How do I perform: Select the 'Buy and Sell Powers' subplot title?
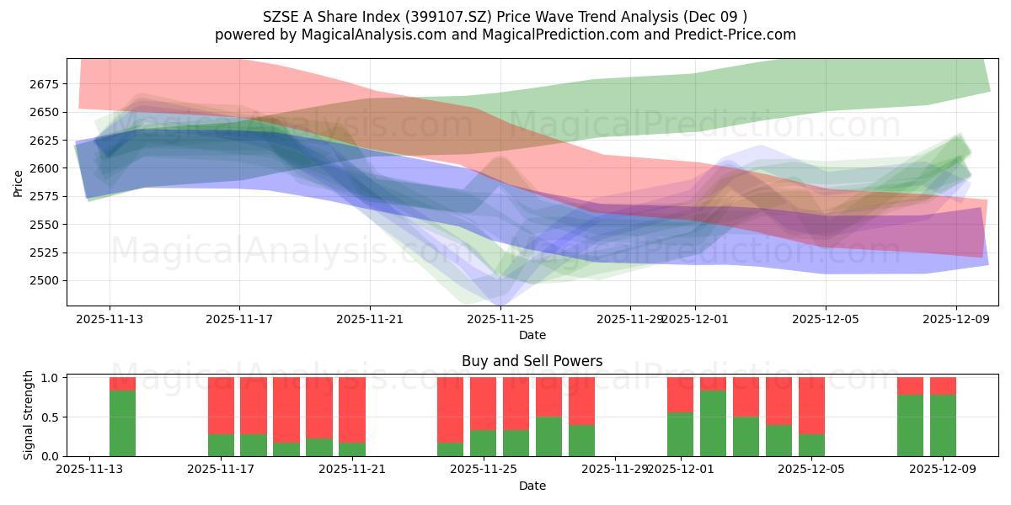click(532, 361)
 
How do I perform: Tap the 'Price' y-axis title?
click(19, 183)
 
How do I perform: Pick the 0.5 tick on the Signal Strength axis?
click(50, 417)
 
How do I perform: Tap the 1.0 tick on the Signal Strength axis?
click(50, 378)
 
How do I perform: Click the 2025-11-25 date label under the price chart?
click(501, 319)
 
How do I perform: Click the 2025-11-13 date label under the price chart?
click(110, 319)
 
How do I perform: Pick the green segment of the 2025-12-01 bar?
click(680, 434)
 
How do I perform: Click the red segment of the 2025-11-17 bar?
click(221, 405)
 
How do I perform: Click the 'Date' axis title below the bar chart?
click(532, 486)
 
